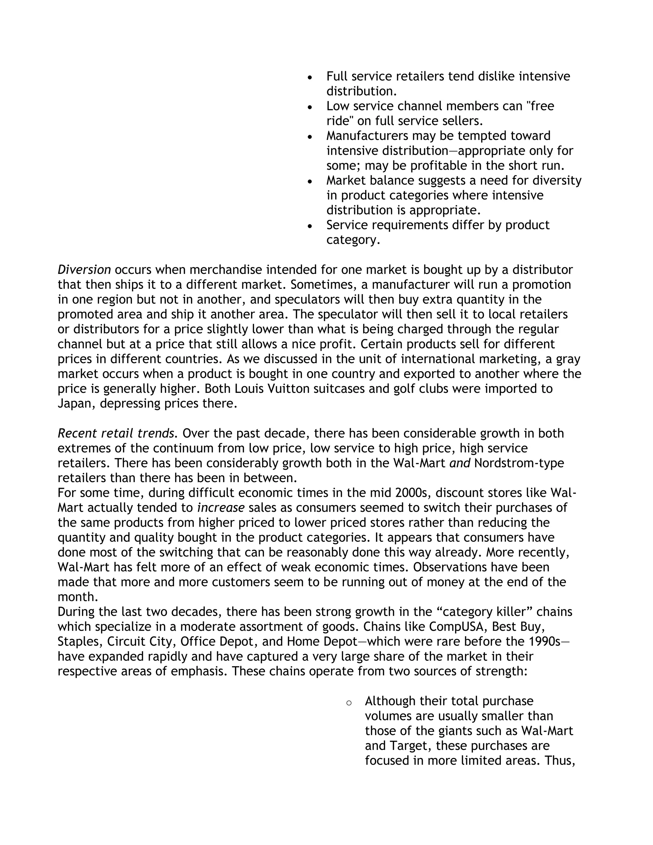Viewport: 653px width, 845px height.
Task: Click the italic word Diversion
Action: (84, 270)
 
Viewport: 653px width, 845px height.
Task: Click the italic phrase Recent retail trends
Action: (116, 433)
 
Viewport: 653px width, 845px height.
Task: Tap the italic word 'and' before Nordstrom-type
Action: (459, 463)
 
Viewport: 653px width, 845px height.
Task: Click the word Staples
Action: (80, 642)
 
